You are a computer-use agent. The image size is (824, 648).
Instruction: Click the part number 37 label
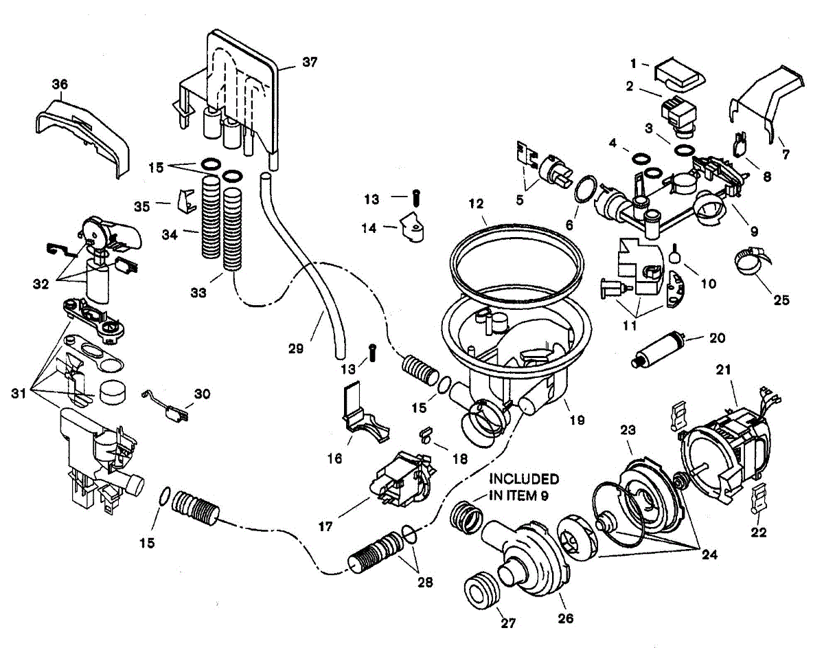point(310,63)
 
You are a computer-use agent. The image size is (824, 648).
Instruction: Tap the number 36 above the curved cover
point(60,84)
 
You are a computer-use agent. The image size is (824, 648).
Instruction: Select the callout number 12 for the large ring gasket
point(477,203)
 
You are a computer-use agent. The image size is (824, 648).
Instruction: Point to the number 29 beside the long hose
point(296,348)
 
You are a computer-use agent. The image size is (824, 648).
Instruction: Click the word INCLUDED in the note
point(524,479)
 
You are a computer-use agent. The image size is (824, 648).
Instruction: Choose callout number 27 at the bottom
point(508,623)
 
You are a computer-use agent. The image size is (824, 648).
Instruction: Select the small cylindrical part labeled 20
point(657,349)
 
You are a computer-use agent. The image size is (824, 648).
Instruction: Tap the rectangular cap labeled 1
point(680,75)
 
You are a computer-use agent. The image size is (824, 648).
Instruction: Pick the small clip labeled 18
point(426,434)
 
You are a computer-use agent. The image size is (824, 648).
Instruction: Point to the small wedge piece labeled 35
point(187,201)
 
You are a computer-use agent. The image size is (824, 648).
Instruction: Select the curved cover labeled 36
point(83,133)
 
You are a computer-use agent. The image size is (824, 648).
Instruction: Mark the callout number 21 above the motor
point(723,370)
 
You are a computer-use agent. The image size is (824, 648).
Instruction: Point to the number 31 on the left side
point(19,394)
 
